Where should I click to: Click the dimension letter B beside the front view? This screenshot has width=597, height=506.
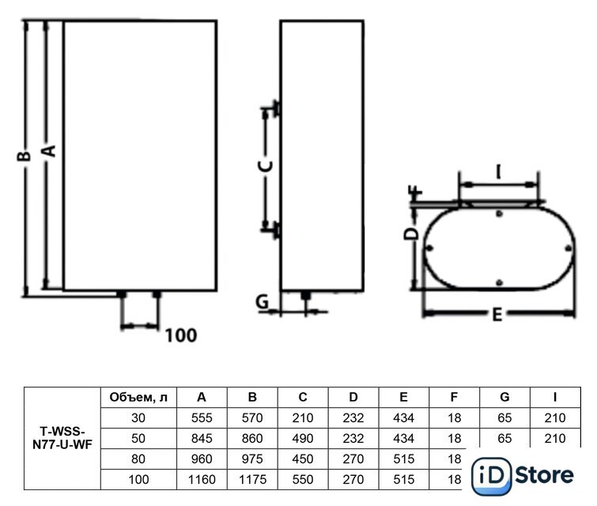pyautogui.click(x=24, y=156)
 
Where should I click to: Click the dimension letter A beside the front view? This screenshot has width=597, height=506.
pyautogui.click(x=49, y=151)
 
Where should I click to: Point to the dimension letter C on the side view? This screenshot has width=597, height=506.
pyautogui.click(x=266, y=166)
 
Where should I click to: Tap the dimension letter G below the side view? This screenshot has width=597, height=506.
pyautogui.click(x=263, y=301)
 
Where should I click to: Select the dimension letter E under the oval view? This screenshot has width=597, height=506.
pyautogui.click(x=497, y=315)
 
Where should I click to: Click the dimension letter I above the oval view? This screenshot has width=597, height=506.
pyautogui.click(x=498, y=172)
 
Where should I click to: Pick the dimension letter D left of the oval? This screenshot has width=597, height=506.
pyautogui.click(x=411, y=234)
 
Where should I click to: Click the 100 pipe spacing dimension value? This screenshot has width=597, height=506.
pyautogui.click(x=181, y=335)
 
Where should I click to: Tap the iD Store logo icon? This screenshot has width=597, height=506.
pyautogui.click(x=492, y=475)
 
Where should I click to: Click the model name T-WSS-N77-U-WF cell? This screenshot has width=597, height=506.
pyautogui.click(x=62, y=438)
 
